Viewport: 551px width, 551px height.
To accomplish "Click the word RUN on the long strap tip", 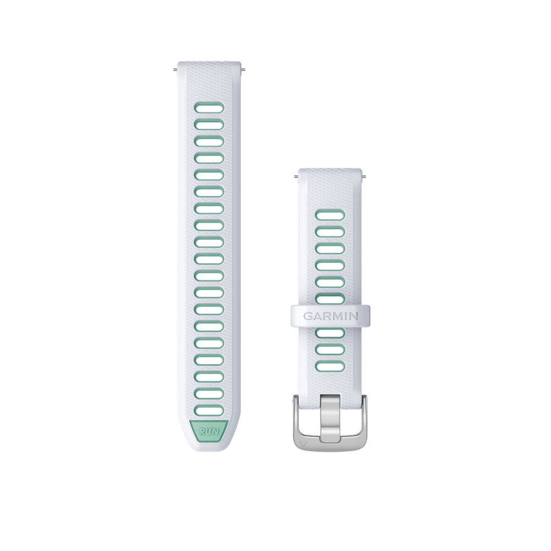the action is [x=209, y=430].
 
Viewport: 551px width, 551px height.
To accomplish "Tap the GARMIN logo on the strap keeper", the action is [x=330, y=316].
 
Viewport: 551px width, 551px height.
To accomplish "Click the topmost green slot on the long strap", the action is [x=209, y=108].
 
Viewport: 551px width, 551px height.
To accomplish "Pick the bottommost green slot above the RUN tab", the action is [x=209, y=411].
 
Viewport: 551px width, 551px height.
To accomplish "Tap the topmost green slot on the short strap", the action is [x=330, y=215].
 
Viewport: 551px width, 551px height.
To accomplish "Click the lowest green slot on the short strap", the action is [x=330, y=365].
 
